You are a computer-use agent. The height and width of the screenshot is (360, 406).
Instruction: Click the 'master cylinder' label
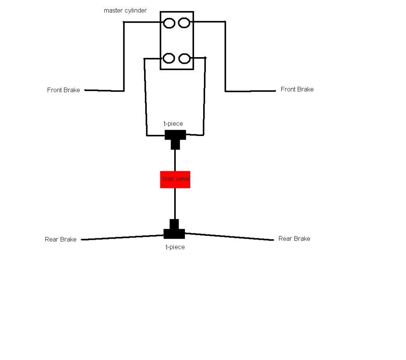point(125,11)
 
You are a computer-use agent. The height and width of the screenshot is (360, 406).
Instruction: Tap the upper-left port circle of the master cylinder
point(169,23)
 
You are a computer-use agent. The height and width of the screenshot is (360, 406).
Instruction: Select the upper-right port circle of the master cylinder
point(184,23)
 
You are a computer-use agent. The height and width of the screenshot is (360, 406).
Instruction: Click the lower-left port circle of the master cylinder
point(169,59)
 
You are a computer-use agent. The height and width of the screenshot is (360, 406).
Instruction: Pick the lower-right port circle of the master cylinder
point(184,59)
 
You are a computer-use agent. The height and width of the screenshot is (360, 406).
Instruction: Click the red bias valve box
point(175,180)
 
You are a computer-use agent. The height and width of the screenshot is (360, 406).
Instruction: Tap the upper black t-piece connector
point(175,137)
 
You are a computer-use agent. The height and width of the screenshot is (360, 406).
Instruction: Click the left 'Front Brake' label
point(63,90)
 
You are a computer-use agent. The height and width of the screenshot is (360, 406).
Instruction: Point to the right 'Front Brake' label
point(297,90)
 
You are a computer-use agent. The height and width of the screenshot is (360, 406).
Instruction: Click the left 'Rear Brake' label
point(61,239)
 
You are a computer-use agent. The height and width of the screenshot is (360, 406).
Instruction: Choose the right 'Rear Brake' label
point(294,239)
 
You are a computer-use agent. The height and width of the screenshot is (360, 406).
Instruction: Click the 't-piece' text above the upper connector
point(173,124)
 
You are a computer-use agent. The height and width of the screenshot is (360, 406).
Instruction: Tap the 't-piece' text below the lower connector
point(175,247)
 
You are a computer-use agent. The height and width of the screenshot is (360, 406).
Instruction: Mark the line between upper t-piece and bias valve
point(175,161)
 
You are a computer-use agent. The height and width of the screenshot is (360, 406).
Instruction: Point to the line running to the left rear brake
point(123,237)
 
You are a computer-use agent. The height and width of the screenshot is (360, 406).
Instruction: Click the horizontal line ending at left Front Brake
point(104,90)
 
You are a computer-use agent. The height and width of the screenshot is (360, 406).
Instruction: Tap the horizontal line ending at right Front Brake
point(250,91)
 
